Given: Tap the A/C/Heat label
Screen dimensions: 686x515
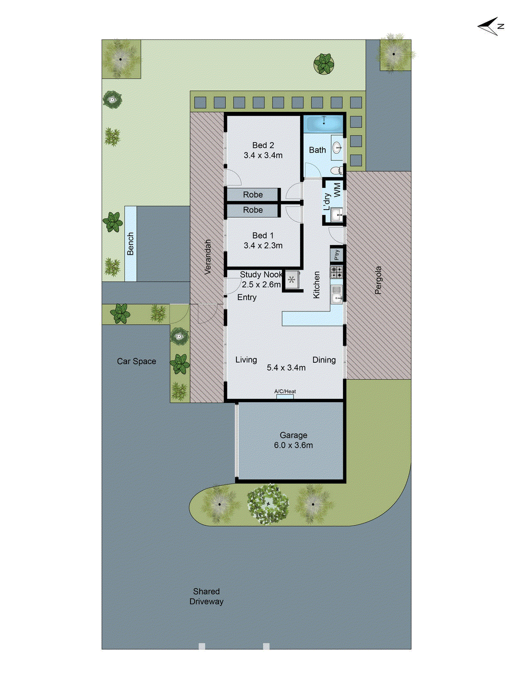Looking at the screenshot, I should click(x=285, y=391).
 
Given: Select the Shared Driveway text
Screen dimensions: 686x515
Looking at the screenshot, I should click(x=206, y=596).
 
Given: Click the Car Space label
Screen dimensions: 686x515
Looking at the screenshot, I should click(x=136, y=361).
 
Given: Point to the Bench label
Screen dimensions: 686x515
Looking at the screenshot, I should click(x=130, y=244).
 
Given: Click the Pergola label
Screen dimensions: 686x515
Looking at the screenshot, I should click(x=378, y=280).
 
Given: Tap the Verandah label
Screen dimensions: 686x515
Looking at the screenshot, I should click(x=208, y=257).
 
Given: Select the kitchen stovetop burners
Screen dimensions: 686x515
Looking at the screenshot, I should click(x=336, y=272).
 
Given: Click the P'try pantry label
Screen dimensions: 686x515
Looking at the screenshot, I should click(x=337, y=255).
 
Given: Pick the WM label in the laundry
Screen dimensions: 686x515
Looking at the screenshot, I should click(x=337, y=190).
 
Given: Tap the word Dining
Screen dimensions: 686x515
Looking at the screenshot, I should click(x=324, y=360).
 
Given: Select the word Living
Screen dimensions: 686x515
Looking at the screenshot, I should click(x=246, y=360).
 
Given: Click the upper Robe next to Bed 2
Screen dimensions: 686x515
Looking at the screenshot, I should click(x=253, y=195).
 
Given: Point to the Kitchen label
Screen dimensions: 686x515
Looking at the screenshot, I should click(x=317, y=285).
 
